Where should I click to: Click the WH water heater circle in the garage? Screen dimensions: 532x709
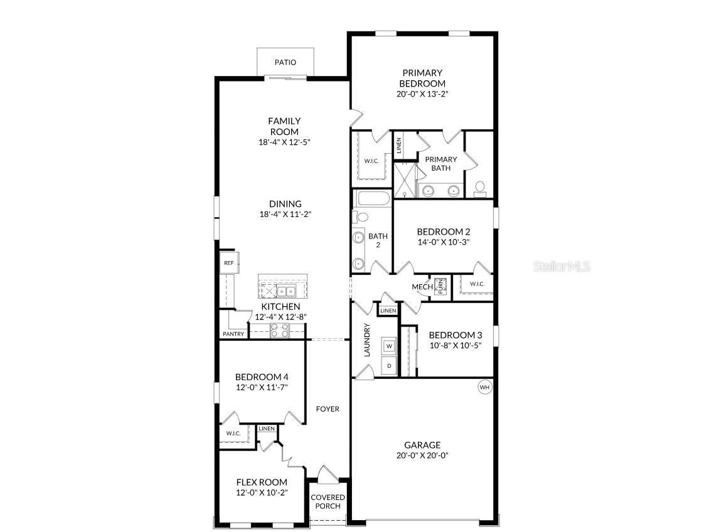(x=484, y=387)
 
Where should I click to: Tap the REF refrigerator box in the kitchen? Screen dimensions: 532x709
(x=228, y=263)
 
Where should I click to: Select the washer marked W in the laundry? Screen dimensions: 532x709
(x=389, y=346)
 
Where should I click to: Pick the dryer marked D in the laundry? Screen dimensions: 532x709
(x=389, y=365)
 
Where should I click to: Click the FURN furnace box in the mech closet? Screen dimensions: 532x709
(x=440, y=286)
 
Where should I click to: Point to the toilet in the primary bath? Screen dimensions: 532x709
(x=480, y=186)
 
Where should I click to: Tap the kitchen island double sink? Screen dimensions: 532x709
(x=287, y=291)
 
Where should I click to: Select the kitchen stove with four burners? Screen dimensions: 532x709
(x=279, y=330)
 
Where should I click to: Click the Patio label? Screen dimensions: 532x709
(x=285, y=63)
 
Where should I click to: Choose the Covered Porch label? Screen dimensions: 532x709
(x=328, y=502)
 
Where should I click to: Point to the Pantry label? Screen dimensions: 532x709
(x=233, y=334)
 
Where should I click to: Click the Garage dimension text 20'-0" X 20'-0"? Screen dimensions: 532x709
(x=422, y=455)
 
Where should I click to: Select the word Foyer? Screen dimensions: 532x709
(x=327, y=409)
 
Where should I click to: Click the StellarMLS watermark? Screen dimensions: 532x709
(x=562, y=267)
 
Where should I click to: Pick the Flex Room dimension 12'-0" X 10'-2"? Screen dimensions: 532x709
(x=262, y=492)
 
